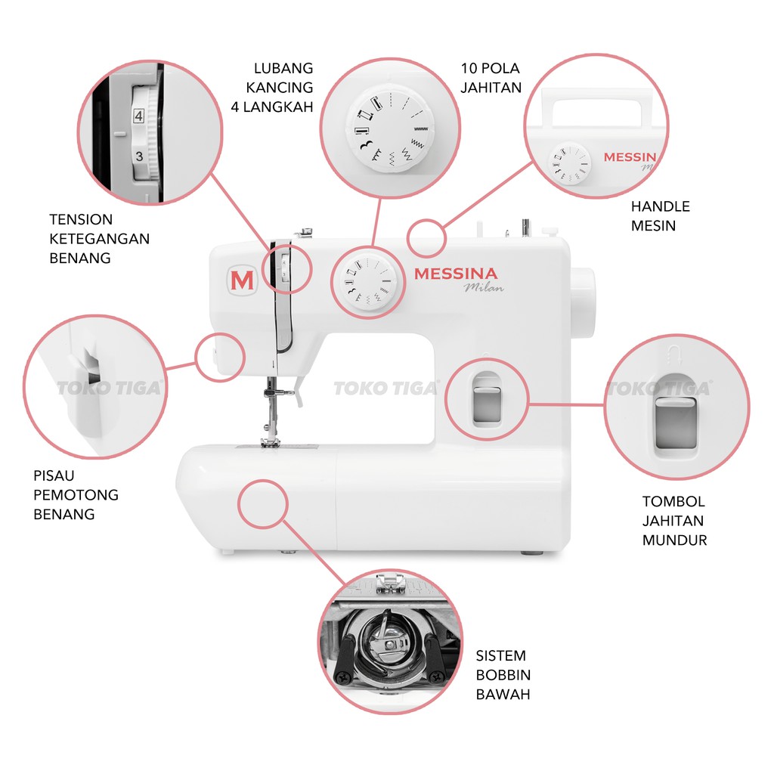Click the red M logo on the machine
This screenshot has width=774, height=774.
pyautogui.click(x=242, y=280)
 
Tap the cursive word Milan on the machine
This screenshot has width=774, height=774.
pyautogui.click(x=483, y=287)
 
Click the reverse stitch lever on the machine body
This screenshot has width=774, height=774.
pyautogui.click(x=485, y=400)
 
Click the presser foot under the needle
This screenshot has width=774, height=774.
pyautogui.click(x=271, y=441)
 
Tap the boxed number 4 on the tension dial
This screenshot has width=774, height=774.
pyautogui.click(x=138, y=116)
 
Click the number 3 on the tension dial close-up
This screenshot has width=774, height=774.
pyautogui.click(x=139, y=156)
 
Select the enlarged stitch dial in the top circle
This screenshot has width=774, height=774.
pyautogui.click(x=386, y=128)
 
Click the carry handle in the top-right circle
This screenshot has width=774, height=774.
pyautogui.click(x=597, y=106)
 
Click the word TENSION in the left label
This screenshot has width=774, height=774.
pyautogui.click(x=81, y=220)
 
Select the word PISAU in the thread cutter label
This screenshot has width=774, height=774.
pyautogui.click(x=54, y=476)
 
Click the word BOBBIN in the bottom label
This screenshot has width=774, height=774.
pyautogui.click(x=503, y=675)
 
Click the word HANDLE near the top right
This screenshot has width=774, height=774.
pyautogui.click(x=661, y=206)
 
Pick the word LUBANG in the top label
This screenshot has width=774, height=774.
pyautogui.click(x=284, y=69)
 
